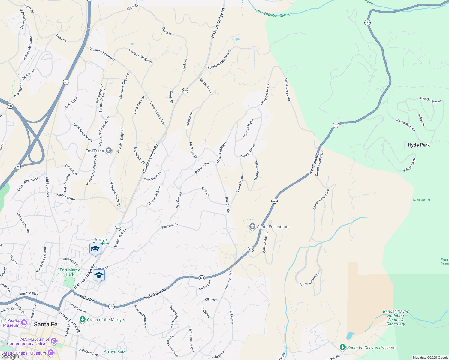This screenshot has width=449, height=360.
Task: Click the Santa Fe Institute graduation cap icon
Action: tap(252, 227)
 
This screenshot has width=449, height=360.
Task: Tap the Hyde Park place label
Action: tap(419, 145)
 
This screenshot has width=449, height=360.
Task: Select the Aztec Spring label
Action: tap(421, 200)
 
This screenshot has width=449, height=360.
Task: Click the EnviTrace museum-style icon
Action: tap(109, 151)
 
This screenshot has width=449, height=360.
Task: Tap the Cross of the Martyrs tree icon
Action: tap(83, 320)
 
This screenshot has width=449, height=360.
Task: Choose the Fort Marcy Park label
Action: tap(70, 272)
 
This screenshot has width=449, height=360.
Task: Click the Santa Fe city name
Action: tap(46, 324)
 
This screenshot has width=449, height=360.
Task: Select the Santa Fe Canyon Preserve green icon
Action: tap(342, 347)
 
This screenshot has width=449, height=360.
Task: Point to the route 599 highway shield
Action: tap(10, 106)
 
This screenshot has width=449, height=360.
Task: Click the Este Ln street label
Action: tap(206, 192)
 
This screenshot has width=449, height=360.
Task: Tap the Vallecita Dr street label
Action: tap(170, 226)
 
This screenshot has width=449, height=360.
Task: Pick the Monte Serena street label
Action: tap(256, 170)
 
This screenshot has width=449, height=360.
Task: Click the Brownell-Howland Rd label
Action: tap(220, 59)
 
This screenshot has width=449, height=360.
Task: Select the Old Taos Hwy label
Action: tap(47, 187)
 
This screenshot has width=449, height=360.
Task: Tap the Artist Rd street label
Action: tap(87, 298)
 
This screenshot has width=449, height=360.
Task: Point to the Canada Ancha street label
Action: tap(265, 242)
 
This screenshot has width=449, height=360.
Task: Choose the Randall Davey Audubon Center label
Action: tap(396, 318)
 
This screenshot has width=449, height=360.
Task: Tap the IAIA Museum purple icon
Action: tap(54, 341)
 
